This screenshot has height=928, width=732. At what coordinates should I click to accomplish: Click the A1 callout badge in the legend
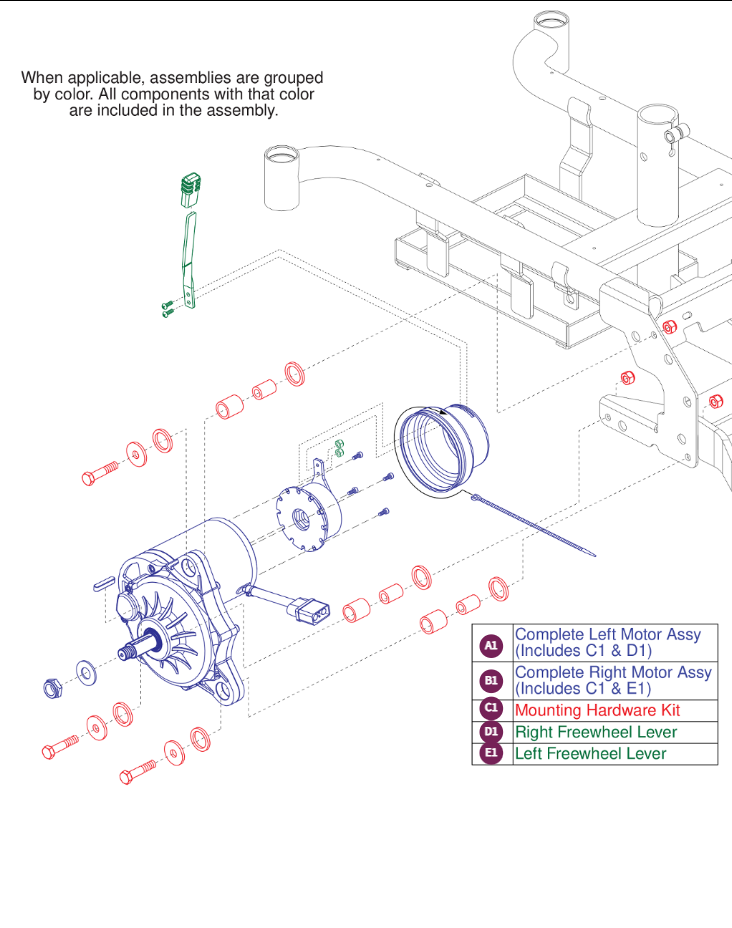pyautogui.click(x=491, y=645)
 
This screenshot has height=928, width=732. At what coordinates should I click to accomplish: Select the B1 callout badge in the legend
pyautogui.click(x=491, y=680)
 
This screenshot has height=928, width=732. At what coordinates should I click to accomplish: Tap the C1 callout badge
pyautogui.click(x=491, y=709)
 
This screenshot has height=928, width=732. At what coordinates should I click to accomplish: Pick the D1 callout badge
pyautogui.click(x=491, y=731)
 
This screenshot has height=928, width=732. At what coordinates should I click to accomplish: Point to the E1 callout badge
pyautogui.click(x=491, y=753)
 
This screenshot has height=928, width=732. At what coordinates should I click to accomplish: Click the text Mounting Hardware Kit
pyautogui.click(x=596, y=710)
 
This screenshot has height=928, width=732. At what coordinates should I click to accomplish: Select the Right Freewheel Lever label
pyautogui.click(x=595, y=732)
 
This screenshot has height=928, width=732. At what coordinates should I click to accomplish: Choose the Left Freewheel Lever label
pyautogui.click(x=590, y=754)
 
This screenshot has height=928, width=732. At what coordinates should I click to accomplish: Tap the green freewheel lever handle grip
pyautogui.click(x=190, y=188)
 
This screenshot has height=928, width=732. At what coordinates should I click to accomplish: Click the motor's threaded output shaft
pyautogui.click(x=131, y=652)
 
